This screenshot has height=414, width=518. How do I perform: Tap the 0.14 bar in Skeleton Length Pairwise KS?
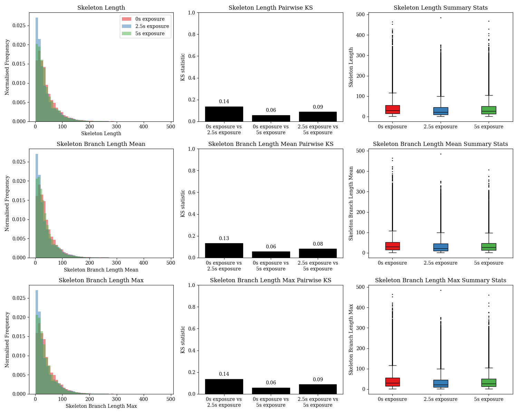click(224, 114)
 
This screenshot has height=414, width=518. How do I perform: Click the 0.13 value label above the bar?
click(224, 238)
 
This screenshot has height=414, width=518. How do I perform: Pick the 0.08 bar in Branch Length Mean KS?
click(318, 253)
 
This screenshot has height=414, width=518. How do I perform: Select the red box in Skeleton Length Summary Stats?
click(392, 109)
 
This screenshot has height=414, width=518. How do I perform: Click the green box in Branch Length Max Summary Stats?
click(489, 383)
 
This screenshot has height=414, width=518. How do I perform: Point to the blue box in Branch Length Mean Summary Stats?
click(441, 247)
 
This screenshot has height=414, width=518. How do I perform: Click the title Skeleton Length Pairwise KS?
click(270, 8)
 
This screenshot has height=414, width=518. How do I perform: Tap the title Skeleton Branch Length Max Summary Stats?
click(440, 280)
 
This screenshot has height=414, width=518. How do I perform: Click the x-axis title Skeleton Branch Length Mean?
click(101, 270)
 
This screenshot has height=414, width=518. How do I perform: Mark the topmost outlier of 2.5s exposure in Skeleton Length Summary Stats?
click(441, 18)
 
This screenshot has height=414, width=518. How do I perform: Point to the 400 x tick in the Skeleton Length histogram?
click(143, 127)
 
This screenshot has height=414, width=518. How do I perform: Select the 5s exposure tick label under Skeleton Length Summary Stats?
click(489, 127)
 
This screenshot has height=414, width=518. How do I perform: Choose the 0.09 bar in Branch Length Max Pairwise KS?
click(318, 389)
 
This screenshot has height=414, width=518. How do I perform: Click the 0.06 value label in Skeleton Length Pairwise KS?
click(271, 110)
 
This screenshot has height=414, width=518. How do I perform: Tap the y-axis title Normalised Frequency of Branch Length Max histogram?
click(7, 339)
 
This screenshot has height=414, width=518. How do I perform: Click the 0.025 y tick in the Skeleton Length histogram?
click(19, 26)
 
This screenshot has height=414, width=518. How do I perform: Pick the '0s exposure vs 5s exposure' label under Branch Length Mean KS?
click(271, 266)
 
